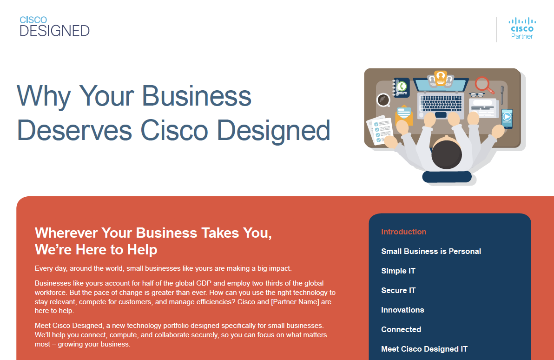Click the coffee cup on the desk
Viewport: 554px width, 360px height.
(383, 100)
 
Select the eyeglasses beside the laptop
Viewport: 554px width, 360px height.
(477, 94)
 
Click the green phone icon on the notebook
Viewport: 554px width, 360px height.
(402, 87)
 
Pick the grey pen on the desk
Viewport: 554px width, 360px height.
(502, 95)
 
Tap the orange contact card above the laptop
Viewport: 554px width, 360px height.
(441, 78)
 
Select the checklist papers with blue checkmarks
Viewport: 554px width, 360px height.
(380, 129)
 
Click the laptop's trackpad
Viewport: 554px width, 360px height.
(441, 114)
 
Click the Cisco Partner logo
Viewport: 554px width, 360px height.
(522, 28)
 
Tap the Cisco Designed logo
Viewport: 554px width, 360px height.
(54, 27)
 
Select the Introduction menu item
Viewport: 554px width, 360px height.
(403, 232)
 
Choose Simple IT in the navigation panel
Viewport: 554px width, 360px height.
(398, 271)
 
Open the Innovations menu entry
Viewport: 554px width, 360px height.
(402, 310)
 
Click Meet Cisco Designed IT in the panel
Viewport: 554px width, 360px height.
(424, 349)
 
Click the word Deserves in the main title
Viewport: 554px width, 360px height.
(74, 131)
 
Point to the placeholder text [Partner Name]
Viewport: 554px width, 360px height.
(295, 302)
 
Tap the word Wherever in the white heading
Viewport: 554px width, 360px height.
(66, 233)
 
